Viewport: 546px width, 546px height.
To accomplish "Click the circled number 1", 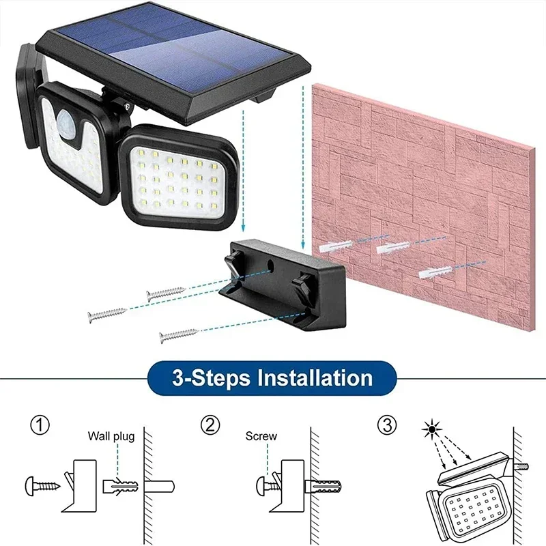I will [40, 426].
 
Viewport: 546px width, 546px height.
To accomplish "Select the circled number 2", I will [210, 426].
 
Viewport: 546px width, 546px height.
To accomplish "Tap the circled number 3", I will [386, 426].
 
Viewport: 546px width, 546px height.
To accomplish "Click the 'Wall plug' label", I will [111, 436].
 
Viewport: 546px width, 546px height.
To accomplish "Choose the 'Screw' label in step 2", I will [261, 436].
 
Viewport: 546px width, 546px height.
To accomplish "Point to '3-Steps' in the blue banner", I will [199, 377].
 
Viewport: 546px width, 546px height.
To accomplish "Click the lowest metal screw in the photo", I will [178, 334].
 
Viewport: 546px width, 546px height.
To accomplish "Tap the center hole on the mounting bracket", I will [272, 262].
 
